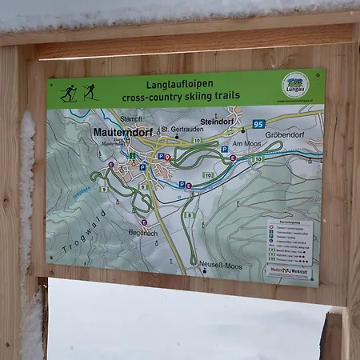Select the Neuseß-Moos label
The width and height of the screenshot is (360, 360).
221,265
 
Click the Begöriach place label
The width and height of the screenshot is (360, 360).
144,231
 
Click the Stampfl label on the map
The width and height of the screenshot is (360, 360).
133,118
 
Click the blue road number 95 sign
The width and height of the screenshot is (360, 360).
258,124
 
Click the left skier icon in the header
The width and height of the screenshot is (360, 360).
70,92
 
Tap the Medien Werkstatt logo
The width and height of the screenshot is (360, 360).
290,270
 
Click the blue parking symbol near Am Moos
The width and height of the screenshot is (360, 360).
225,149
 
